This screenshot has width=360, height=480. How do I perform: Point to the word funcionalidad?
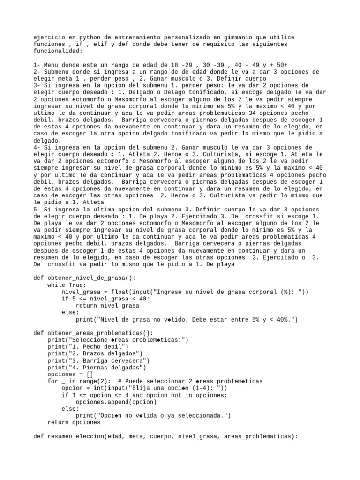point(58,51)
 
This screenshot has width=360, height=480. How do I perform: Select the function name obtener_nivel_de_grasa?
point(84,277)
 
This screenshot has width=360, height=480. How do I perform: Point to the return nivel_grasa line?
point(107,306)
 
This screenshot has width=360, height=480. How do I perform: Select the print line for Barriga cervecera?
point(98,361)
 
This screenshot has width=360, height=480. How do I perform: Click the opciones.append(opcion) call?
point(116,402)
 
